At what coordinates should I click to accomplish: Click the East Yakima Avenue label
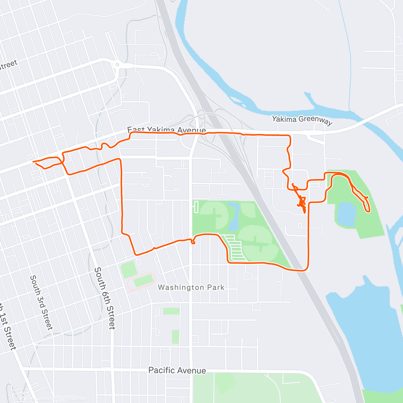(x=167, y=130)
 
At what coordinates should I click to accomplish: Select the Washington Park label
(x=191, y=287)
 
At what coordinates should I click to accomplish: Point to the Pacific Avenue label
(x=177, y=370)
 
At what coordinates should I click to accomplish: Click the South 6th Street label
(x=104, y=298)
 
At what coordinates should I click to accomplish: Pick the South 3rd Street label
(x=41, y=302)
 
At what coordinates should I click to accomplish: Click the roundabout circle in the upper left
(x=117, y=64)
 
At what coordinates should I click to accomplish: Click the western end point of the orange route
(x=33, y=162)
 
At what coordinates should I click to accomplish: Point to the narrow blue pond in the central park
(x=234, y=215)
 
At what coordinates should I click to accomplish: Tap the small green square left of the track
(x=128, y=270)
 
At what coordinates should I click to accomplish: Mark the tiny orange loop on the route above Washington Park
(x=193, y=241)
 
